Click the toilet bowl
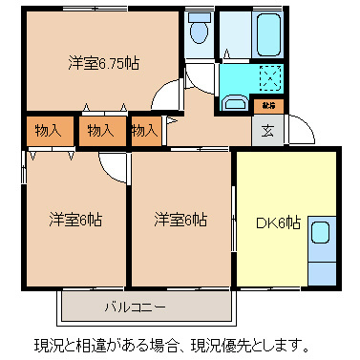(199, 32)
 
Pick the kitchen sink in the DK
(321, 232)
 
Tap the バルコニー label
(135, 307)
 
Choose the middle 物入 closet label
(99, 130)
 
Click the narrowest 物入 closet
(145, 130)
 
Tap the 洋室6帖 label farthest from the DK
(76, 220)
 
